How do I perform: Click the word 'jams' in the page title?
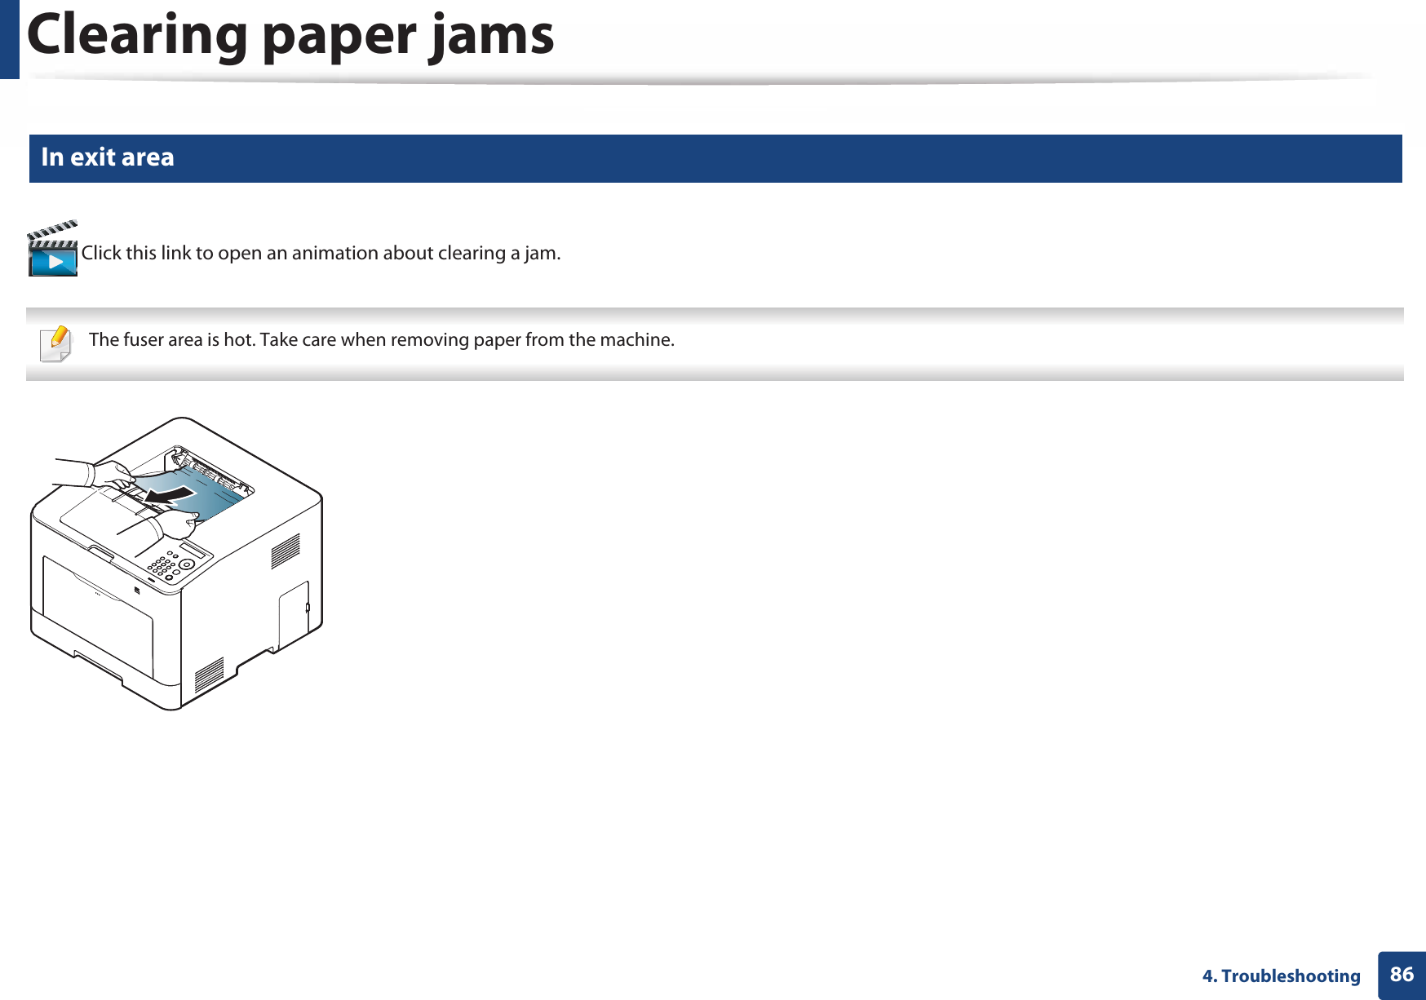click(492, 36)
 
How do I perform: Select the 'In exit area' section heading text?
click(108, 157)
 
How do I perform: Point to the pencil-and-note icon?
click(55, 343)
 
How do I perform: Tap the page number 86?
click(1402, 974)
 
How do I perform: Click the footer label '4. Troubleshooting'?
click(1281, 976)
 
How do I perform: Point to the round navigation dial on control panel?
click(187, 564)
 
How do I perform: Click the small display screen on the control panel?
click(194, 547)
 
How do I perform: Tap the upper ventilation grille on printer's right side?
click(286, 551)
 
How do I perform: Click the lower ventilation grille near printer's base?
click(209, 675)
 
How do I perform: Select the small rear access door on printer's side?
click(294, 615)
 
